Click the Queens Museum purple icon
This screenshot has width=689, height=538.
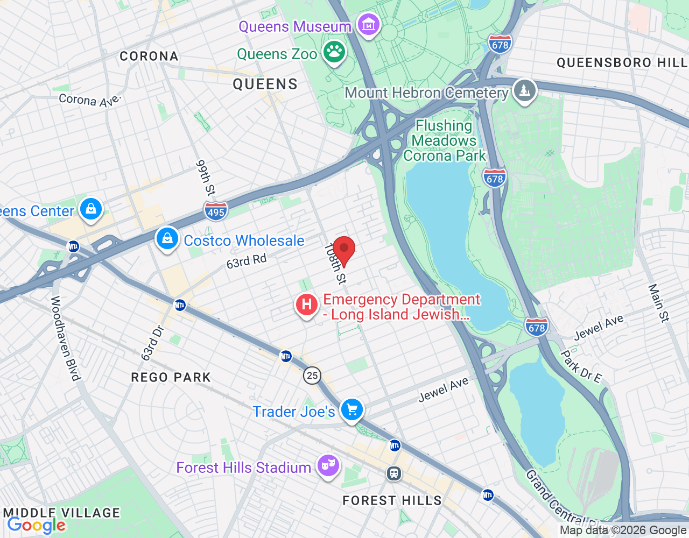(369, 25)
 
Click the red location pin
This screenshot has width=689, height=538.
(344, 250)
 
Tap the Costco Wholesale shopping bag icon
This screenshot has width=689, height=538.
(167, 238)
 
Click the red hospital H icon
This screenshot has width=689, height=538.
(306, 305)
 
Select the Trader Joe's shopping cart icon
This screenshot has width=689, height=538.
(352, 410)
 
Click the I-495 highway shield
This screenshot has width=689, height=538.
(216, 211)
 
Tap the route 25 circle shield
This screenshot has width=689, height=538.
(312, 375)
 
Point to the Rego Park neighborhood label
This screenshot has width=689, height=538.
(171, 378)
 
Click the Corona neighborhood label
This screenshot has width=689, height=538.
(149, 56)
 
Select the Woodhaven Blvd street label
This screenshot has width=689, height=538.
(65, 338)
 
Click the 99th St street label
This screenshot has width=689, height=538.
(206, 177)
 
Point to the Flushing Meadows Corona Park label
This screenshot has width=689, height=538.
(445, 141)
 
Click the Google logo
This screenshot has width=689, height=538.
(37, 525)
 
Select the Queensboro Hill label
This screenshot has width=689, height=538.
(622, 63)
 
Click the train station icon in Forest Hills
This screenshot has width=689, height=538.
(394, 473)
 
